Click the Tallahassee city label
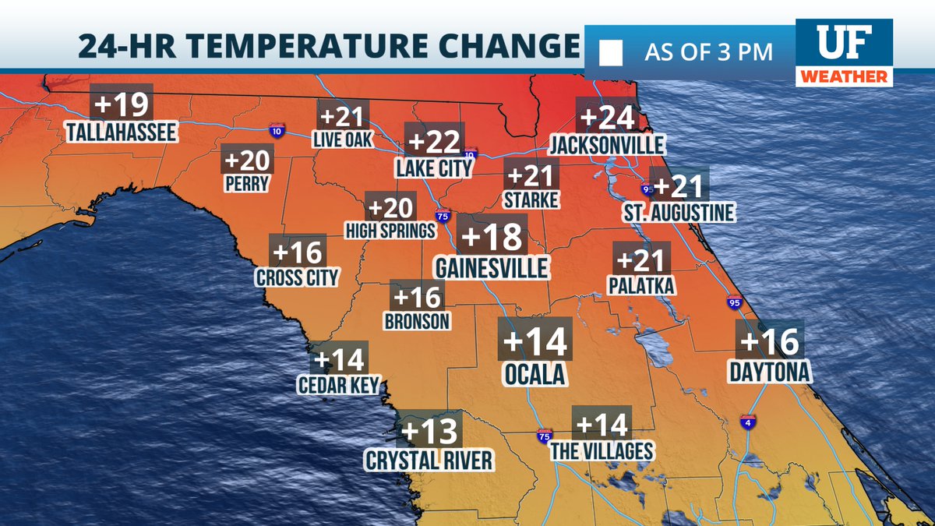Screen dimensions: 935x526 pyautogui.click(x=121, y=132)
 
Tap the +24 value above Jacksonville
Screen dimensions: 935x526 pyautogui.click(x=607, y=118)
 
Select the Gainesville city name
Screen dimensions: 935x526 pyautogui.click(x=492, y=267)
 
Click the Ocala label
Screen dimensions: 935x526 pyautogui.click(x=535, y=375)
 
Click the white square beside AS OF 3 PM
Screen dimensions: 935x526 pyautogui.click(x=611, y=53)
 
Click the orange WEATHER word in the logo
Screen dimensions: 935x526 pyautogui.click(x=845, y=77)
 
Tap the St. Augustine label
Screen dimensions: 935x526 pyautogui.click(x=678, y=213)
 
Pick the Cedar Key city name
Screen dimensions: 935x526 pyautogui.click(x=338, y=385)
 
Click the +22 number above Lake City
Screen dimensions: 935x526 pyautogui.click(x=434, y=143)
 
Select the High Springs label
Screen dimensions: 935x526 pyautogui.click(x=390, y=231)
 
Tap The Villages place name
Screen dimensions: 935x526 pyautogui.click(x=601, y=451)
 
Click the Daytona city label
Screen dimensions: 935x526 pyautogui.click(x=770, y=372)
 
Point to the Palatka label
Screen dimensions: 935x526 pyautogui.click(x=641, y=286)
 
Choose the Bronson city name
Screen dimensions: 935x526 pyautogui.click(x=418, y=320)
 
